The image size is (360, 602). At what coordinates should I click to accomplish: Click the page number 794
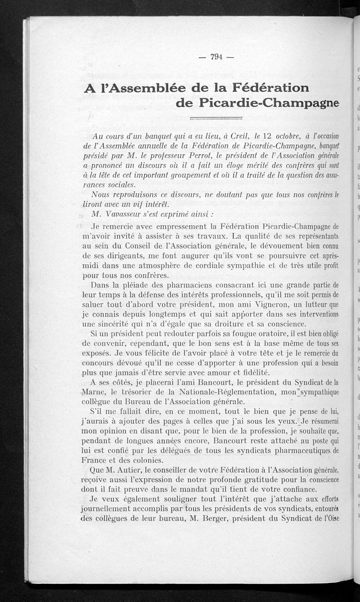click(216, 56)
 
